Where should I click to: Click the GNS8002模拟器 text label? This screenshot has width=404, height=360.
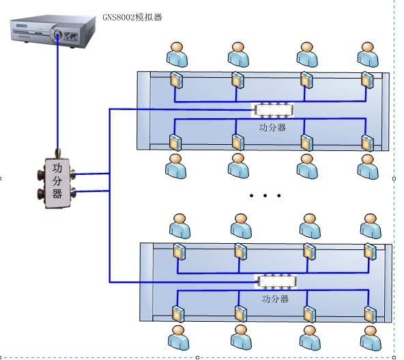pyautogui.click(x=132, y=17)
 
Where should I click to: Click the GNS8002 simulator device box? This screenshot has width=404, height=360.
pyautogui.click(x=53, y=31)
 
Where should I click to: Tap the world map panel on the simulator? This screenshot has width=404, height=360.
pyautogui.click(x=70, y=36)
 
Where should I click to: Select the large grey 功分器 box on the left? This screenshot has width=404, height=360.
pyautogui.click(x=57, y=182)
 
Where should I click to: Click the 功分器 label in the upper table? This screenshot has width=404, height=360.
pyautogui.click(x=272, y=127)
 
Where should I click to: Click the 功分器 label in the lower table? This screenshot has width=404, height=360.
pyautogui.click(x=275, y=299)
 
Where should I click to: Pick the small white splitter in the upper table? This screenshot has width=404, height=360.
pyautogui.click(x=273, y=110)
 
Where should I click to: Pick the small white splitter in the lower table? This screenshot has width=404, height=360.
pyautogui.click(x=276, y=281)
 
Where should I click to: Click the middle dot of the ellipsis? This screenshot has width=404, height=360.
pyautogui.click(x=265, y=195)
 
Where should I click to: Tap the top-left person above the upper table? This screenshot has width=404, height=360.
pyautogui.click(x=177, y=55)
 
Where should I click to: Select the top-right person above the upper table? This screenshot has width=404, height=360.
pyautogui.click(x=368, y=55)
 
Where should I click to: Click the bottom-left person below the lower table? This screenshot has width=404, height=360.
pyautogui.click(x=178, y=337)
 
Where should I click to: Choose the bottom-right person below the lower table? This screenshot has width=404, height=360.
pyautogui.click(x=371, y=338)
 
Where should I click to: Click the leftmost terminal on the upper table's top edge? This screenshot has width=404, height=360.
pyautogui.click(x=177, y=80)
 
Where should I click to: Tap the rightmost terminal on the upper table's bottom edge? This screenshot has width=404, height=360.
pyautogui.click(x=368, y=143)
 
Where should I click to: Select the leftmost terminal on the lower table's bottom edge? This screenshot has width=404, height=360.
pyautogui.click(x=178, y=314)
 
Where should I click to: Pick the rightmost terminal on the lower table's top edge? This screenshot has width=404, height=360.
pyautogui.click(x=371, y=251)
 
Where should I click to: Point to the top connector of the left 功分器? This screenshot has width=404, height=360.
pyautogui.click(x=58, y=154)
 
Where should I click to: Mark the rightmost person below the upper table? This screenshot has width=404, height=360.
pyautogui.click(x=368, y=167)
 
